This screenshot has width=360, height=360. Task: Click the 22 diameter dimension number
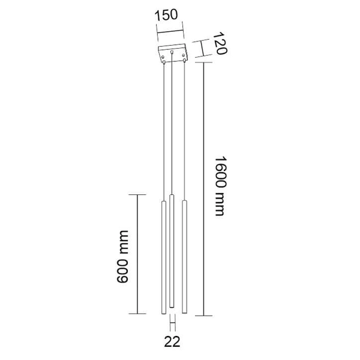pos(172,343)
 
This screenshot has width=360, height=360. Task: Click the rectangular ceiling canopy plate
pos(173,53)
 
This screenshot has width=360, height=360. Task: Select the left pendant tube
pos(161,258)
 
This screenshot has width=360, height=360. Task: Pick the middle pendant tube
pos(172,252)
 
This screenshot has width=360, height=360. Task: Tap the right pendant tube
pos(184,255)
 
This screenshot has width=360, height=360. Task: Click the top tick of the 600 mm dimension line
pos(139,195)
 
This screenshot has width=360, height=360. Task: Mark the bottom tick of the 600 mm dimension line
pos(139,314)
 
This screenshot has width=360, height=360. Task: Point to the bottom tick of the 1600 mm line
pos(205,315)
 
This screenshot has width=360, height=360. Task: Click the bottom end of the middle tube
pos(172,307)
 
